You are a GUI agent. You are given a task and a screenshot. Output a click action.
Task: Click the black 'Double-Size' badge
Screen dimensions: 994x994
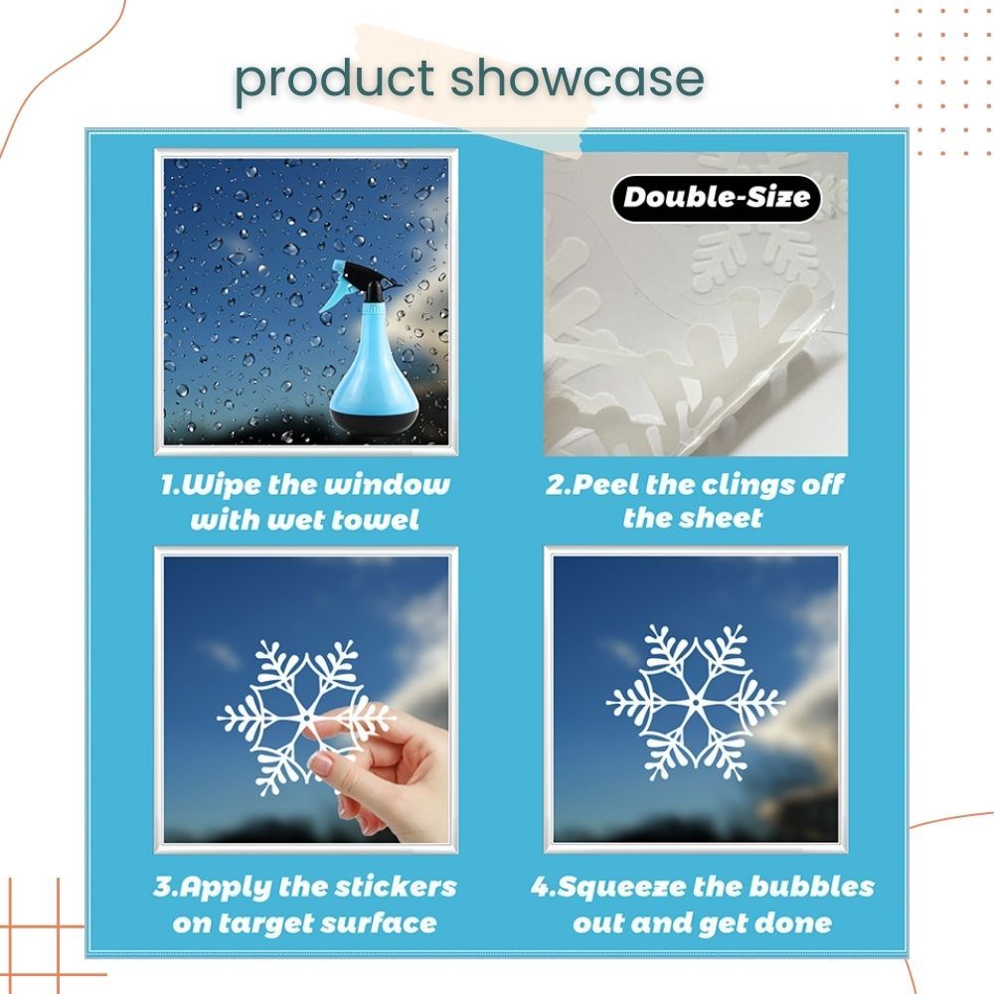point(716,198)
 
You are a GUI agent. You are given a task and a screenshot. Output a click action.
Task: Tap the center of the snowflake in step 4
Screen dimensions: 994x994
point(696,703)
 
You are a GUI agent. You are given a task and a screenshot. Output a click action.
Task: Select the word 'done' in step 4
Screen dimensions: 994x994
point(791,923)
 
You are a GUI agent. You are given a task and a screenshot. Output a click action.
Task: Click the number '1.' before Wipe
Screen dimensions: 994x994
point(170,486)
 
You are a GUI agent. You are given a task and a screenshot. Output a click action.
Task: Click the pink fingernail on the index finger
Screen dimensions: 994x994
point(322,763)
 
